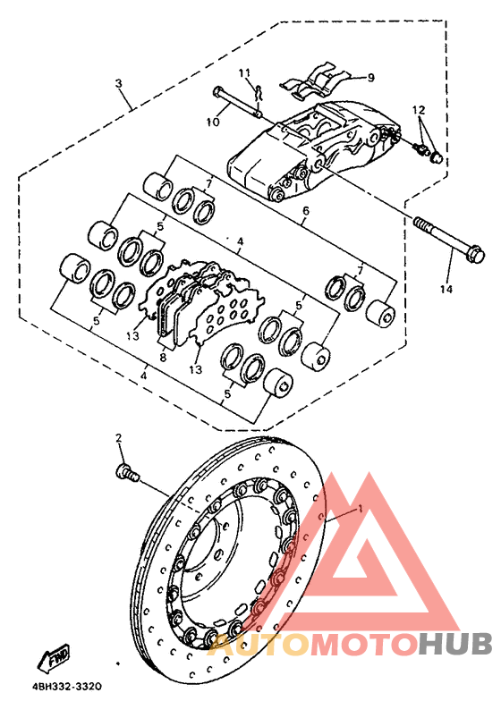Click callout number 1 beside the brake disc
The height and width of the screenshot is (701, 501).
tap(360, 507)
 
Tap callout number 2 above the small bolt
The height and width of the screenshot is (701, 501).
tap(117, 438)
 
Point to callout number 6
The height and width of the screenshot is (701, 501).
tap(304, 211)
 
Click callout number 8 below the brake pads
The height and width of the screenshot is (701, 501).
tap(164, 356)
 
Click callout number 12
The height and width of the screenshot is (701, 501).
tap(417, 109)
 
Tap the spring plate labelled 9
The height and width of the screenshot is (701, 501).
tap(315, 82)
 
